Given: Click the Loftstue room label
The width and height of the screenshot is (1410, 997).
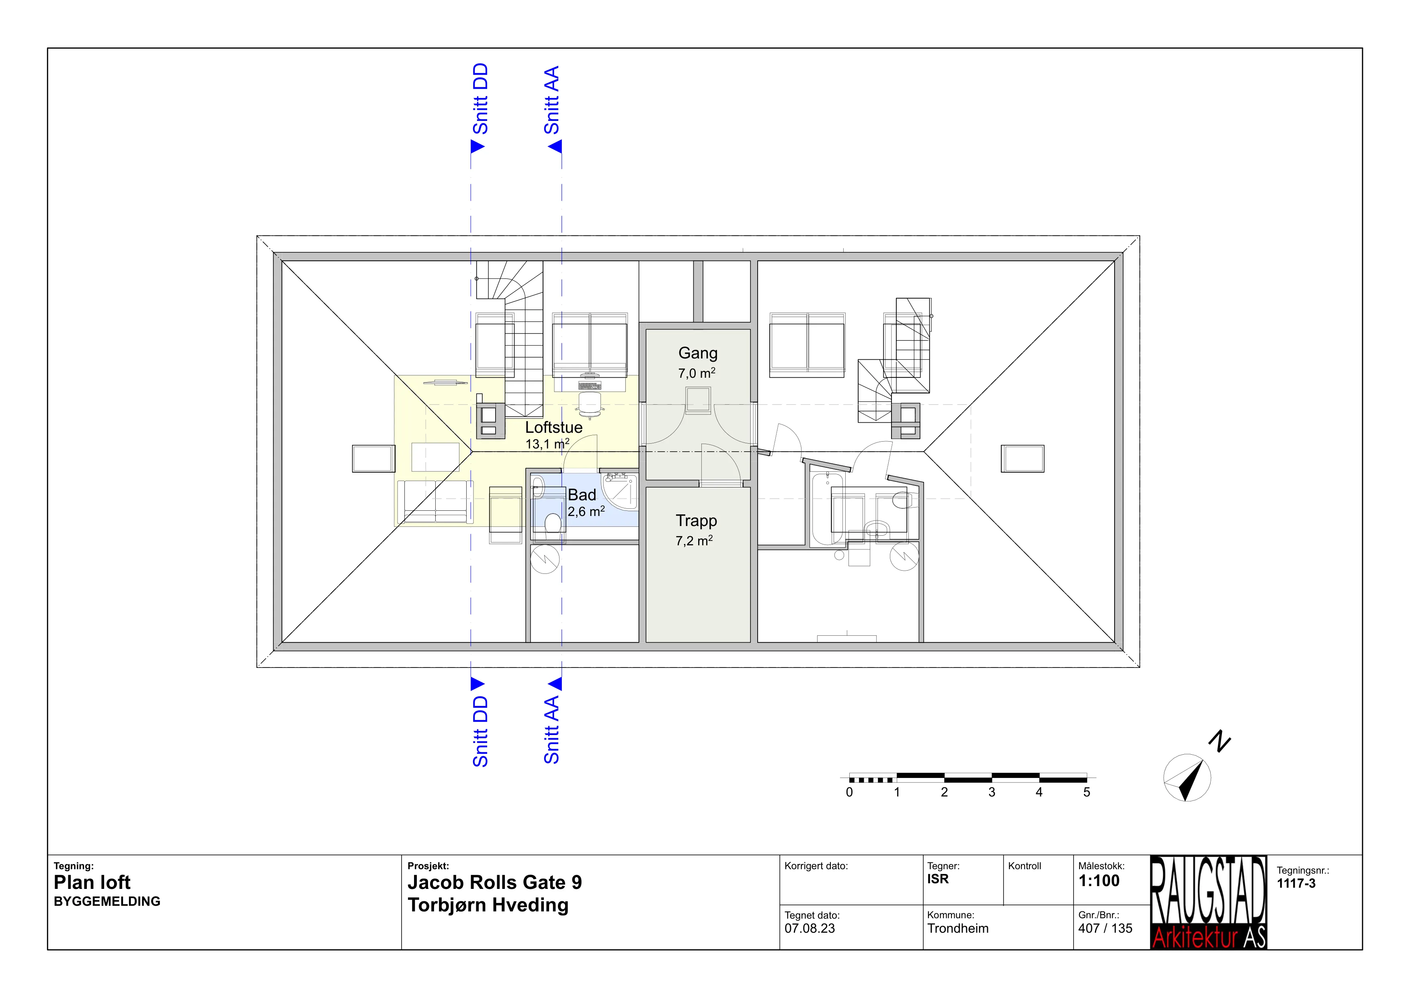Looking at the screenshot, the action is point(553,427).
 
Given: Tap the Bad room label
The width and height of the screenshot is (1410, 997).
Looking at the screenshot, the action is point(582,495).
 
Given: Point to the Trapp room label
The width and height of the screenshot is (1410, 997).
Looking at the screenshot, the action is point(697,520).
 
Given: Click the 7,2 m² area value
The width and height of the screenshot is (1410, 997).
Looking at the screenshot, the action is point(694,540).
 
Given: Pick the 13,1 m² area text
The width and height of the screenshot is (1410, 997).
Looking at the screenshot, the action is point(547,443).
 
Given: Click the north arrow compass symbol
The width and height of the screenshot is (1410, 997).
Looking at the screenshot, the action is point(1187,777).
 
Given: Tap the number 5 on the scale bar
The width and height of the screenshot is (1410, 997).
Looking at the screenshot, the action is point(1086,792).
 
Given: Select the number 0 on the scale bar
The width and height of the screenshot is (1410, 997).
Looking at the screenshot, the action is point(849,792).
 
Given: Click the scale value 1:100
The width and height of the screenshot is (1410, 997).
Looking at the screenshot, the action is point(1098,881).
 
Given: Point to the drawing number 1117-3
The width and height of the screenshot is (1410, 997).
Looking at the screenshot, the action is point(1296,883).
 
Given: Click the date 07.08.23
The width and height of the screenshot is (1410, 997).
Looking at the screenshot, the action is point(810,928).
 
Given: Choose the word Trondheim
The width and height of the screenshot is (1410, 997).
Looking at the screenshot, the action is point(957,928).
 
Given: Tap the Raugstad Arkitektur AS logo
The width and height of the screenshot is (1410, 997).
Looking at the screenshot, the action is point(1208,903).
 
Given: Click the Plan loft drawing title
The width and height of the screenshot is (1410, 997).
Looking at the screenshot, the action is point(92,882).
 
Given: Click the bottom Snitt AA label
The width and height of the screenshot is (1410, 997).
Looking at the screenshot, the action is point(551,729).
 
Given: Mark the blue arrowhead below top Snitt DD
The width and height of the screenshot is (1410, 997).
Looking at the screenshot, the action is point(477,146).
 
